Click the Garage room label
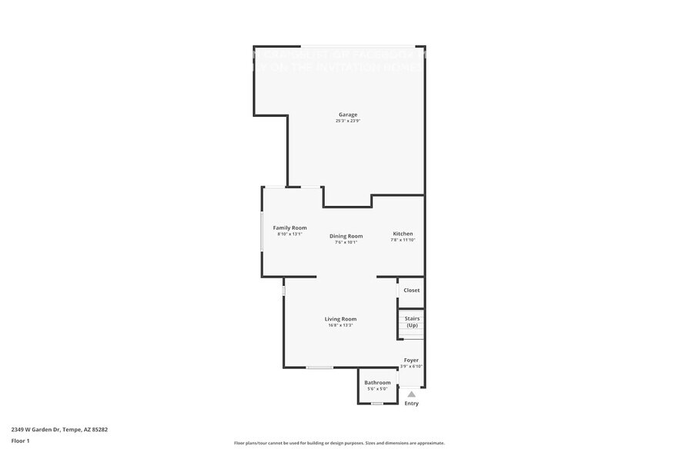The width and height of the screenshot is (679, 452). [347, 115]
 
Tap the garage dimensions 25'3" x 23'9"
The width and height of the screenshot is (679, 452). [347, 121]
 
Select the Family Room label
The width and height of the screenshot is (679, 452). [289, 228]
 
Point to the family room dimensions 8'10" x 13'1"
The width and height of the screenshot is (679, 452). [289, 234]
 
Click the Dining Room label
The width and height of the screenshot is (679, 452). [346, 236]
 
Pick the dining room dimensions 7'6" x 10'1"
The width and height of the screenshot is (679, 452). [346, 242]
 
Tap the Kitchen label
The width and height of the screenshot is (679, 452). [403, 234]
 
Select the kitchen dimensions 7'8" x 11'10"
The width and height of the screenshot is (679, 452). [403, 240]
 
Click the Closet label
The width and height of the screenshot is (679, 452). [412, 291]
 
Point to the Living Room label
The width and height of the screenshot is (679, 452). [340, 319]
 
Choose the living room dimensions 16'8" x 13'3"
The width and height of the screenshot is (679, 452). [340, 325]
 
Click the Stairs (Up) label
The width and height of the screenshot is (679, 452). [412, 321]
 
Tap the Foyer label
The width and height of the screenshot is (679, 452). [411, 360]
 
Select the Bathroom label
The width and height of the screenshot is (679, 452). [377, 383]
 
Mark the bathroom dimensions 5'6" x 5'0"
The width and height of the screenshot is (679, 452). [377, 389]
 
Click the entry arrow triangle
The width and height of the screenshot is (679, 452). [411, 394]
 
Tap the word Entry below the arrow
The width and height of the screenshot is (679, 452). [411, 404]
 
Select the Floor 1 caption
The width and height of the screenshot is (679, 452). [20, 440]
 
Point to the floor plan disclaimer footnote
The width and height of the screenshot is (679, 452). [339, 443]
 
